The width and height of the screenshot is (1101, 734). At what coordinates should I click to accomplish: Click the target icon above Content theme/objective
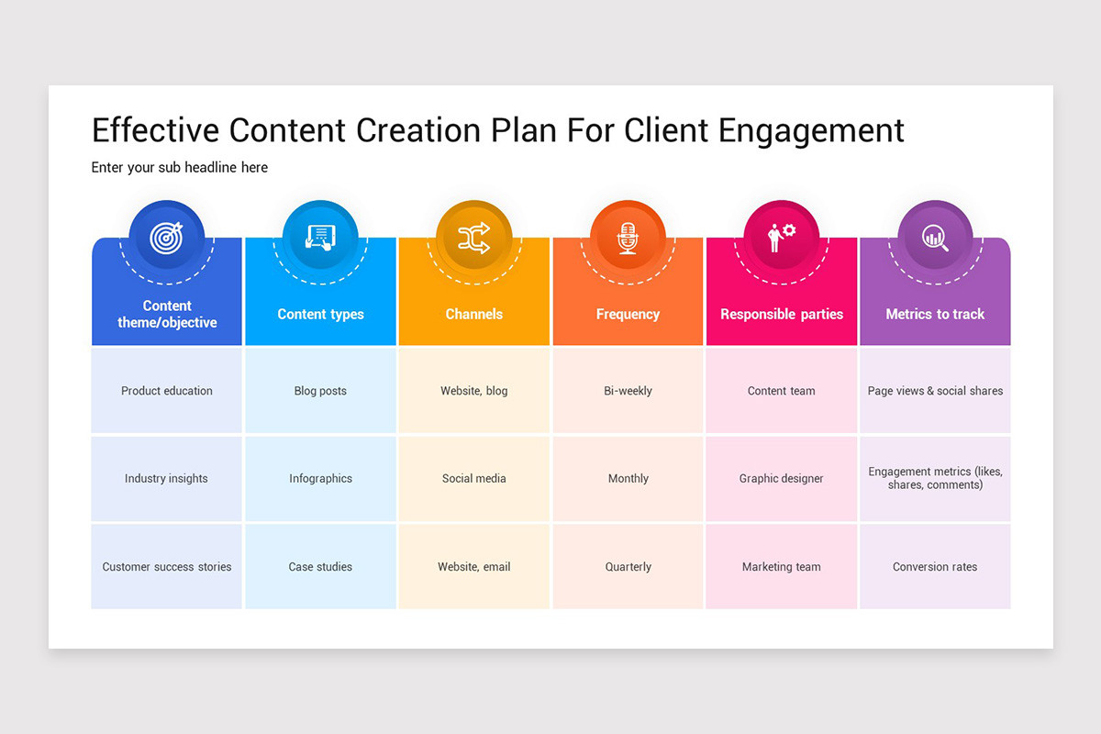coord(167,239)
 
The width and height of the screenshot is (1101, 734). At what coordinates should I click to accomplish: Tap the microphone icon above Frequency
coord(628,239)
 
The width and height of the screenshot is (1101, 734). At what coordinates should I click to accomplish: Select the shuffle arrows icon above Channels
coord(474,239)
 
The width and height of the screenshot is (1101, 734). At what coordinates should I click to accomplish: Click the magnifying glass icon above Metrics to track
coord(935,239)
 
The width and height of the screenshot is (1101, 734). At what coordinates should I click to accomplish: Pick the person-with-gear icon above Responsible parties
coord(782,239)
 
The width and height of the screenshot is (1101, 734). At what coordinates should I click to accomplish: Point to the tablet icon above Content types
coord(320,239)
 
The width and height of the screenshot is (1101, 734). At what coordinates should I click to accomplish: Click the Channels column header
coord(474,314)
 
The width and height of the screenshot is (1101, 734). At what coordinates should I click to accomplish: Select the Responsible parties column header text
coord(782,314)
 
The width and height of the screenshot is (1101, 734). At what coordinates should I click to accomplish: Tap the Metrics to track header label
coord(935,314)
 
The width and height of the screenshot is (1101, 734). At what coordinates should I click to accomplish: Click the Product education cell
coord(167,391)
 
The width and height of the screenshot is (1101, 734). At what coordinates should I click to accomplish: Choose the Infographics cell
coord(320,479)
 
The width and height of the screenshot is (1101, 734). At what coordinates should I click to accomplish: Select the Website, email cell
coord(474,567)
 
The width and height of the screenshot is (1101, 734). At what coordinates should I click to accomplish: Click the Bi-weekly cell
coord(628,391)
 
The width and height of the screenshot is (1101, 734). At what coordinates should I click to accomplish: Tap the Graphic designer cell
coord(782,479)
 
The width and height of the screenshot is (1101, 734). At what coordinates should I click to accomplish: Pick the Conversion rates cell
coord(935,567)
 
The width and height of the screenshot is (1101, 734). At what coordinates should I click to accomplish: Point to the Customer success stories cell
coord(167,567)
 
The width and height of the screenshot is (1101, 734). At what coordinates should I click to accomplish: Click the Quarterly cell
coord(628,567)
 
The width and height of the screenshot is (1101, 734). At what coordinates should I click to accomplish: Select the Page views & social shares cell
coord(935,391)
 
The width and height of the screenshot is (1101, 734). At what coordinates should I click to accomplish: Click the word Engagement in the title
coord(811,131)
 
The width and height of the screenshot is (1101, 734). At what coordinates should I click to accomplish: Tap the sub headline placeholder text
coord(180,168)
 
